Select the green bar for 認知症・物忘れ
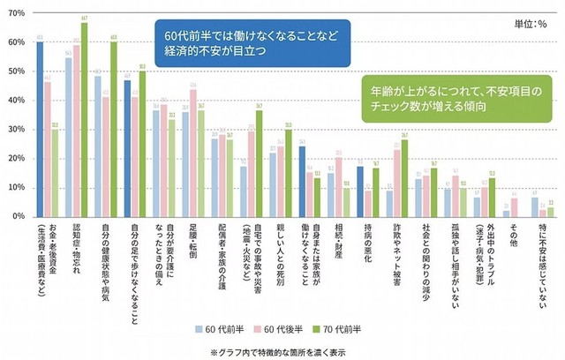(x=84, y=120)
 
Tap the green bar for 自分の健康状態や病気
(x=113, y=129)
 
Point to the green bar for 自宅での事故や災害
(x=259, y=163)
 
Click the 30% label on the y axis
(x=16, y=130)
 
